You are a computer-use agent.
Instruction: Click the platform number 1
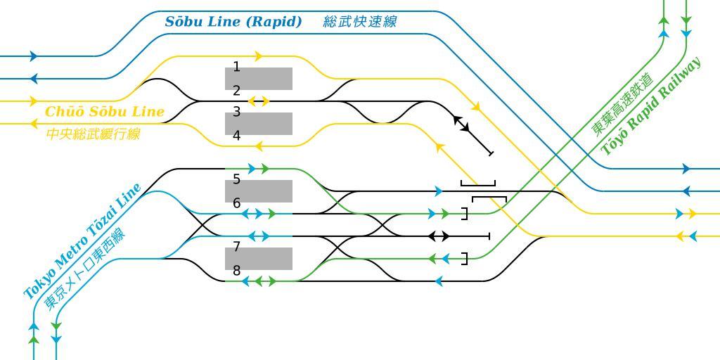point(237,67)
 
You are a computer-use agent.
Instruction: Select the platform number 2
point(237,90)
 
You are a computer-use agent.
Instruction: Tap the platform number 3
point(237,112)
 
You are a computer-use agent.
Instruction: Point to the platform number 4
point(237,135)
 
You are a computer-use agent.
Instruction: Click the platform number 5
point(237,179)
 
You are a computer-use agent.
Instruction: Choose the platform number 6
point(237,202)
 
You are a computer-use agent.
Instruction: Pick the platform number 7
point(237,247)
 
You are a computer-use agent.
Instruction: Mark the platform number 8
point(237,270)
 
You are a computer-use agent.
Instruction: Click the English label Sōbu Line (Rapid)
point(233,22)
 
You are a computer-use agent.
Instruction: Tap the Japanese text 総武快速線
point(360,22)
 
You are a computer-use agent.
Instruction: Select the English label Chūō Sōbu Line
point(105,112)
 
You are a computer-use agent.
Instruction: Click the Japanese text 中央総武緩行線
point(94,134)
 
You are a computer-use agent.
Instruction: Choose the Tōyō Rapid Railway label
point(651,106)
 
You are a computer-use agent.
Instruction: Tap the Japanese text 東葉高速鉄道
point(623,104)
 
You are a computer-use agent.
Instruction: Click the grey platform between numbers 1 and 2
point(259,79)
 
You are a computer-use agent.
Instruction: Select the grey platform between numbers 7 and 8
point(259,259)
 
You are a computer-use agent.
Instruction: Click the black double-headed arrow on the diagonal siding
point(461,124)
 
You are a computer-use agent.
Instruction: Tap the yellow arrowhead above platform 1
point(259,56)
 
